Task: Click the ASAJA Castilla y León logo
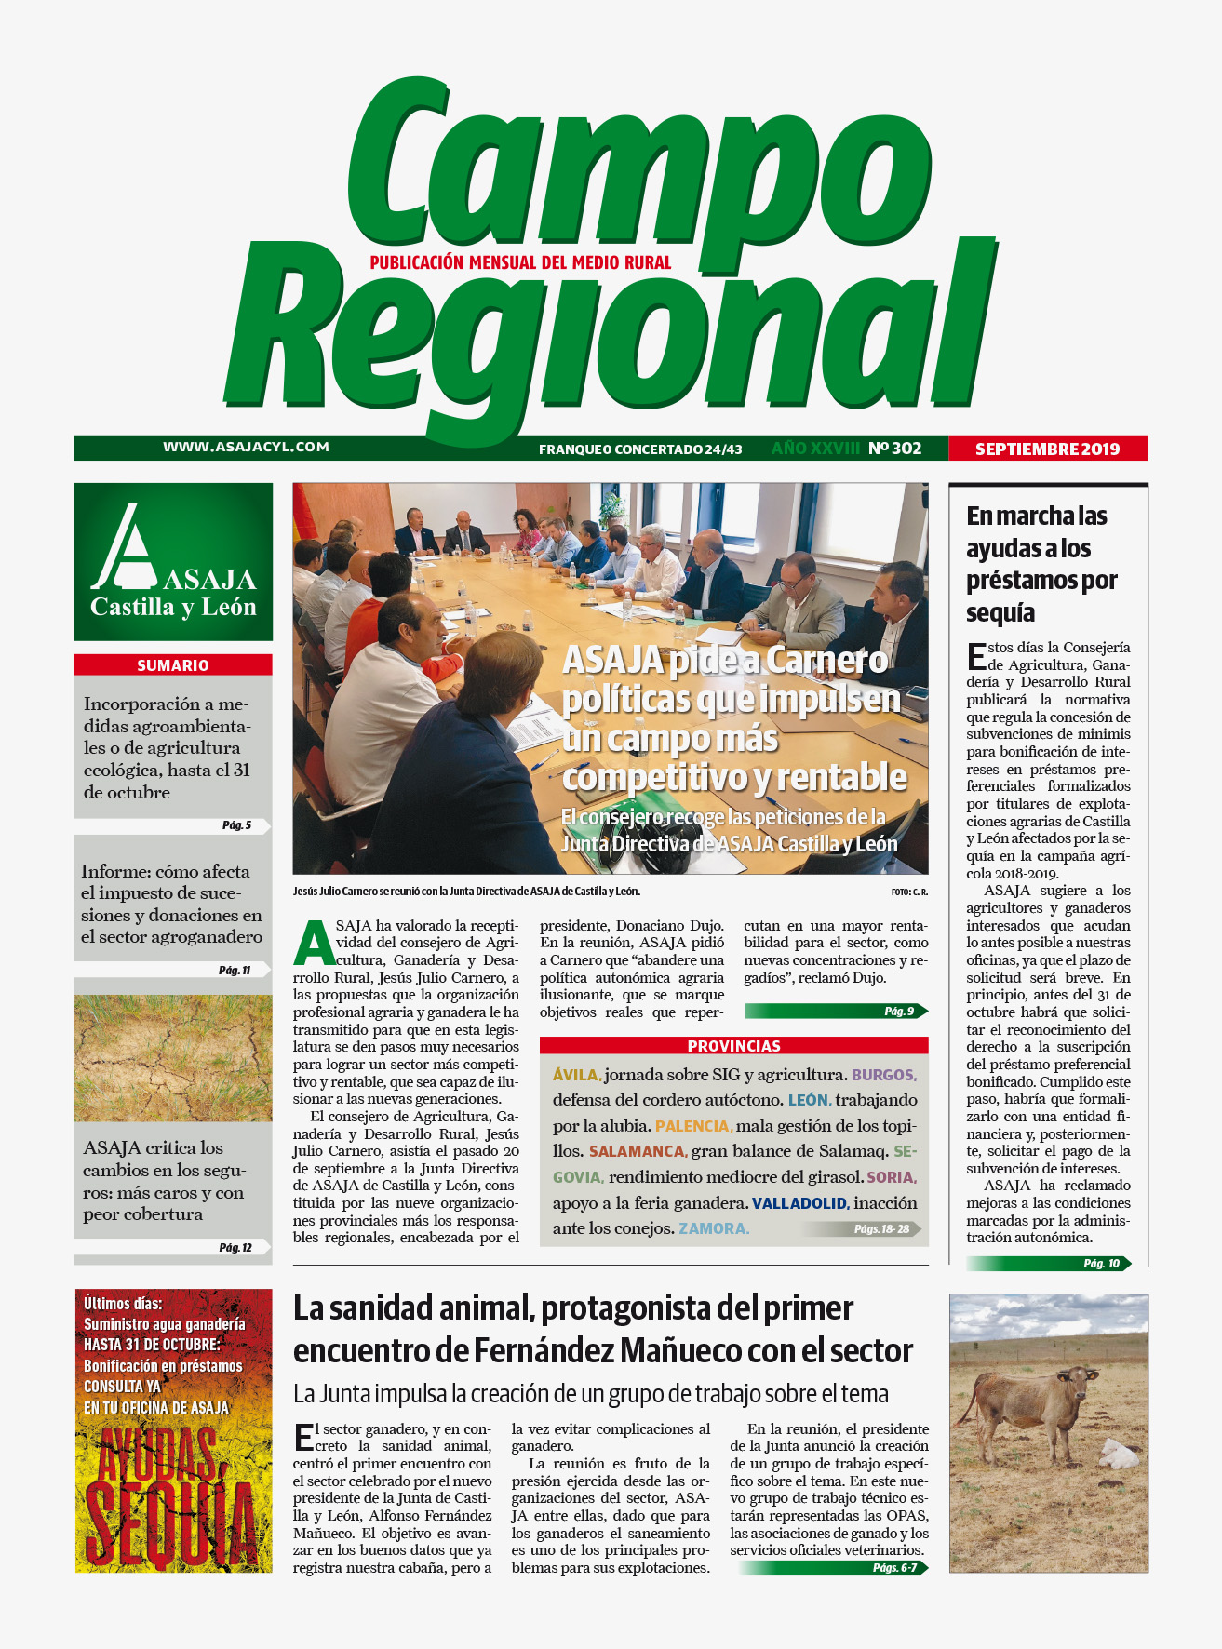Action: click(x=173, y=561)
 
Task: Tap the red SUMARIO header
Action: click(x=173, y=665)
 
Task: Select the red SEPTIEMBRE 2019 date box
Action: click(x=1047, y=449)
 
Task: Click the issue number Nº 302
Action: click(x=894, y=449)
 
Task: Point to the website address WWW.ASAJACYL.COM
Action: click(x=246, y=447)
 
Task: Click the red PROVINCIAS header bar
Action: click(x=733, y=1046)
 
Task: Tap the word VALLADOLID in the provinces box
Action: click(x=799, y=1203)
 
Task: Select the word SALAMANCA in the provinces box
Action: click(x=637, y=1152)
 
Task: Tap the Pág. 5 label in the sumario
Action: click(x=236, y=825)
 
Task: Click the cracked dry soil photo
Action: click(x=173, y=1058)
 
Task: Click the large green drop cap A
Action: click(x=314, y=943)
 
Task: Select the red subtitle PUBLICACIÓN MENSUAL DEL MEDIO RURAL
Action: click(x=520, y=263)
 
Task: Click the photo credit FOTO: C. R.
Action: click(x=908, y=892)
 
